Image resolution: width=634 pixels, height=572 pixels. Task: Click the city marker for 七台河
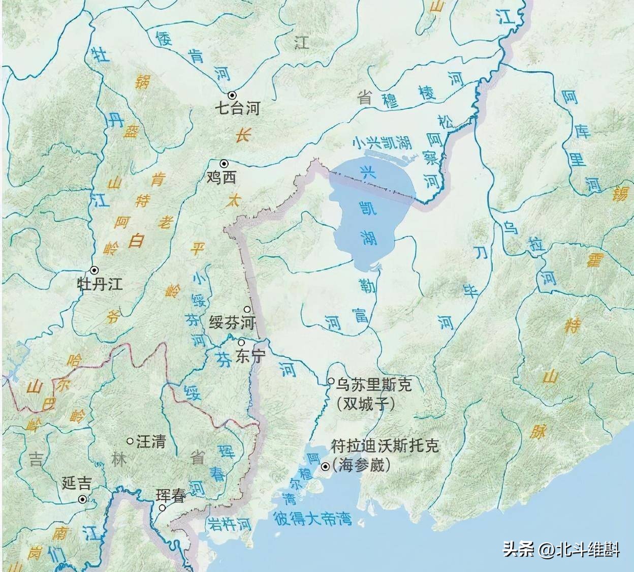click(x=232, y=95)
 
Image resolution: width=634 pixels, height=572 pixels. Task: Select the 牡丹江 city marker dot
click(x=94, y=269)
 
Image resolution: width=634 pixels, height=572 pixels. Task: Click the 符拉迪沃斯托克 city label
click(x=384, y=447)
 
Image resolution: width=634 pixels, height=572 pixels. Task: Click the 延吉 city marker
click(x=82, y=499)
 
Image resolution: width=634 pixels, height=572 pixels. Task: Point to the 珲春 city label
click(x=171, y=496)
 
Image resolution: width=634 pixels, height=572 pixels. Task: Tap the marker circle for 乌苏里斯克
click(x=331, y=381)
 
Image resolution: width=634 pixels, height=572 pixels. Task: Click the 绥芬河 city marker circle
click(x=247, y=309)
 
